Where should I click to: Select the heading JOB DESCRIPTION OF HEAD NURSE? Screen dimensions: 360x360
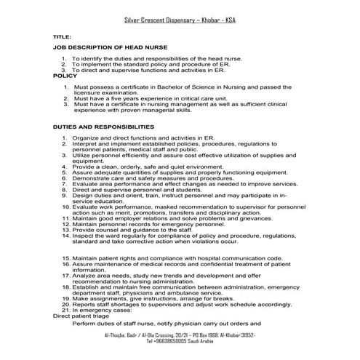click(x=110, y=47)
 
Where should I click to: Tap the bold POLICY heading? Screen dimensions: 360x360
click(x=65, y=75)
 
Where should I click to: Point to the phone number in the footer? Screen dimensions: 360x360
click(x=179, y=340)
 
